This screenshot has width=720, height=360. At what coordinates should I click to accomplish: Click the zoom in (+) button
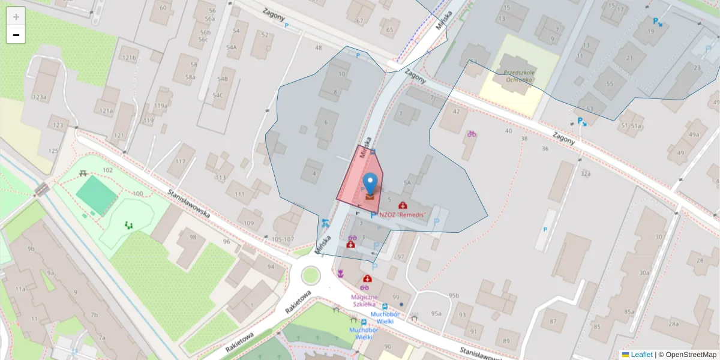click(16, 17)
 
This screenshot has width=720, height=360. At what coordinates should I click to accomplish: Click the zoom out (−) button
click(16, 35)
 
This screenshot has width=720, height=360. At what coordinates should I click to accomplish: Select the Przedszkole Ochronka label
click(519, 76)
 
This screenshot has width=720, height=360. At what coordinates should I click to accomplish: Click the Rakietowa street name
click(298, 302)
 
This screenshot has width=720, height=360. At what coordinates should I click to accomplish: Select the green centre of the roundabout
click(311, 275)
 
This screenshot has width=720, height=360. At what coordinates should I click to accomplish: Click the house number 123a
click(40, 97)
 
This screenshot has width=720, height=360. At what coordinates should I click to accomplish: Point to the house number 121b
click(128, 58)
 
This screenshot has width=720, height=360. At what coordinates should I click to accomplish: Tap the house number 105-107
click(283, 239)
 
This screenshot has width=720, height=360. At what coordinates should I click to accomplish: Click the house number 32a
click(585, 174)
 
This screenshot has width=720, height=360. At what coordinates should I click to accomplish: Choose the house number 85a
click(629, 311)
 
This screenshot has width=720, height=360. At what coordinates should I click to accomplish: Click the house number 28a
click(674, 325)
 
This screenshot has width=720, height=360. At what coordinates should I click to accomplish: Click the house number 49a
click(694, 134)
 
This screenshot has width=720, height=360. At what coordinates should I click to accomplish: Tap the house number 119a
click(161, 106)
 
